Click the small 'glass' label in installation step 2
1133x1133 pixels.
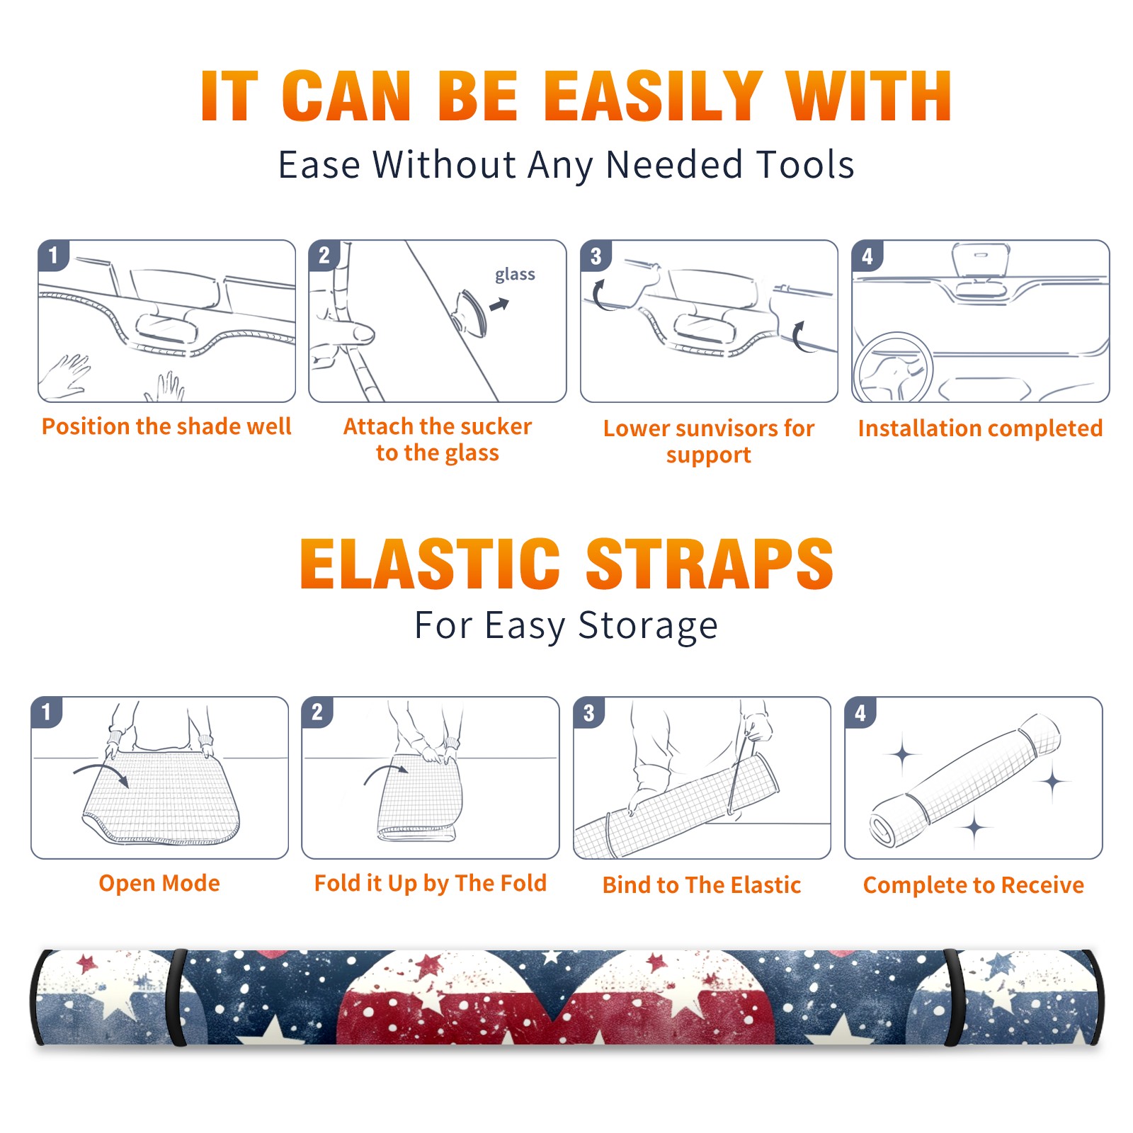click(515, 275)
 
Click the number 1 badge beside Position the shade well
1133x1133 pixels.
click(53, 254)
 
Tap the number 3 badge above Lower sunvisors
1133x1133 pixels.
click(596, 255)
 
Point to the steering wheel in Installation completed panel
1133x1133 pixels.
click(893, 368)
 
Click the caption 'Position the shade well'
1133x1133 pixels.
click(166, 426)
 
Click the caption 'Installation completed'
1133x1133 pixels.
click(980, 428)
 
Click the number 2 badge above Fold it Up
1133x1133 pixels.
click(317, 712)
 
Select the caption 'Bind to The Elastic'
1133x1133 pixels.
click(701, 885)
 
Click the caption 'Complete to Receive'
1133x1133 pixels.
click(974, 885)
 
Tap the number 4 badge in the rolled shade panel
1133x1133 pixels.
click(860, 712)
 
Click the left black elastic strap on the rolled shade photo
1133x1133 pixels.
click(176, 997)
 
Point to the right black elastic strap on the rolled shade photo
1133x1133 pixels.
click(952, 997)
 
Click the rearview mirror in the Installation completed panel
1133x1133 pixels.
click(981, 260)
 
